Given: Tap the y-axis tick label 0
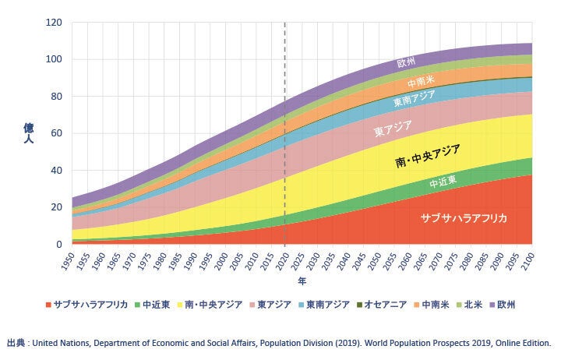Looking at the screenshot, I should (x=58, y=244).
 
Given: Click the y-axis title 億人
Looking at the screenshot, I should (x=28, y=133).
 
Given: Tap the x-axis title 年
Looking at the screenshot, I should (x=302, y=280).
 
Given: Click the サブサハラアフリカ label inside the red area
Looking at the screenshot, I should (x=464, y=218).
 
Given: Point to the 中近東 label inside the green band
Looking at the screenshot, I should (x=443, y=182).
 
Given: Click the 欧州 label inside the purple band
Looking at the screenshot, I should (x=407, y=63).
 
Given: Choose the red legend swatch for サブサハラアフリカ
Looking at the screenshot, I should (x=48, y=305).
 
